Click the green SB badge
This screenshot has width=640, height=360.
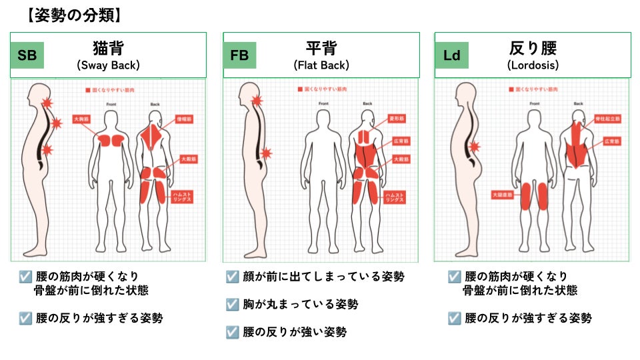[27, 55]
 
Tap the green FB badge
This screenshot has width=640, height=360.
[239, 55]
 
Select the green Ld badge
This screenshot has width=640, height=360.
[451, 55]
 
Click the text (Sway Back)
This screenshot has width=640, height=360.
[108, 65]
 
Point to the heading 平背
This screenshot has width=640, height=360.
[321, 48]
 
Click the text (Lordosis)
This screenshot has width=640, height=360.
[533, 65]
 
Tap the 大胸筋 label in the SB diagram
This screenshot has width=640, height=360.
[82, 119]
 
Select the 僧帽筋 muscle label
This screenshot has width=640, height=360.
[185, 119]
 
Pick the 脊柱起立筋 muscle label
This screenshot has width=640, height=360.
[607, 119]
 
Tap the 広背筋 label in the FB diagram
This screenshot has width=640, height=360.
[396, 141]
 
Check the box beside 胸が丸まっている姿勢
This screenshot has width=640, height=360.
[232, 304]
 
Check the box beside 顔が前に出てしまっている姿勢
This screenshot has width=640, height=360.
[232, 277]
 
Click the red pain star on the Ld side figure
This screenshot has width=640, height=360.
[475, 147]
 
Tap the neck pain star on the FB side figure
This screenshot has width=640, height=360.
[257, 101]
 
